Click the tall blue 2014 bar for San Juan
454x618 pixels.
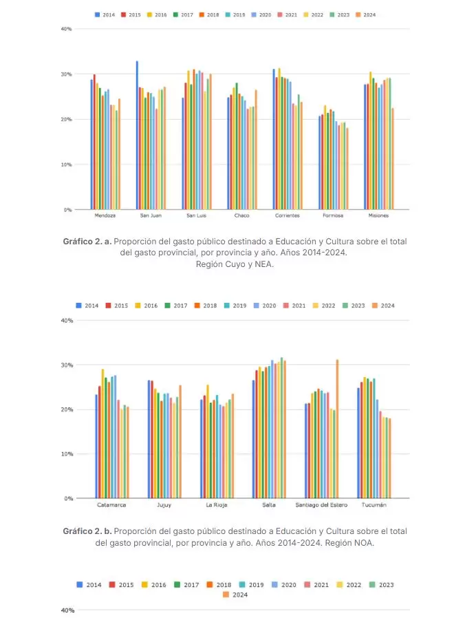click(x=137, y=135)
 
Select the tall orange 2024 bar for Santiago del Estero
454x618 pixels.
click(x=337, y=428)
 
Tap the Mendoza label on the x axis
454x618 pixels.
click(x=105, y=215)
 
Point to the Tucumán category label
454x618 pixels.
click(x=374, y=504)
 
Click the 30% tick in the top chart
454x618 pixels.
click(x=67, y=74)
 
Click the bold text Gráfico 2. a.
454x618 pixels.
click(x=87, y=242)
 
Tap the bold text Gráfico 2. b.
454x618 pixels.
click(x=87, y=531)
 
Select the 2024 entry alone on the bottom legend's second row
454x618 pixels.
click(x=236, y=595)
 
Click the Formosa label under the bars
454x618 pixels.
click(x=333, y=215)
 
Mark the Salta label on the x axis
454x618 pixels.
click(x=269, y=504)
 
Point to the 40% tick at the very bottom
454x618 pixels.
click(x=67, y=610)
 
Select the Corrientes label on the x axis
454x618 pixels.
click(x=287, y=215)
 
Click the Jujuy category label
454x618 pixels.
click(x=164, y=504)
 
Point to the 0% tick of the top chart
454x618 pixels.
click(x=68, y=210)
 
